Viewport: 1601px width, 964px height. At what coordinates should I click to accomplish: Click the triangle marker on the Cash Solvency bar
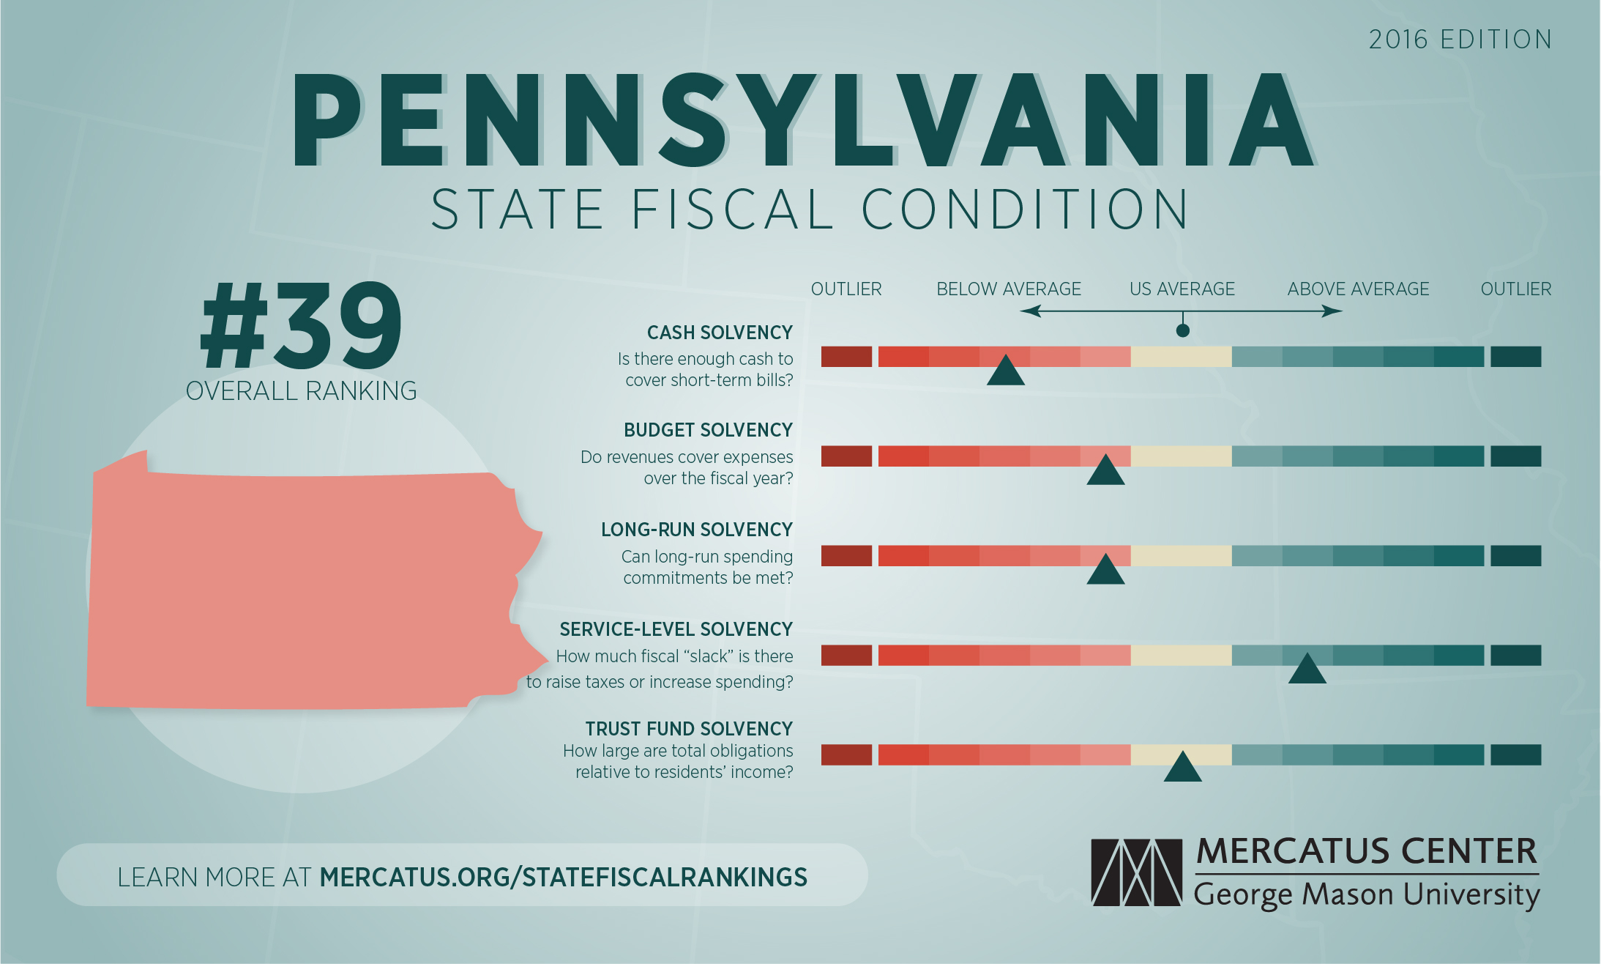point(1005,372)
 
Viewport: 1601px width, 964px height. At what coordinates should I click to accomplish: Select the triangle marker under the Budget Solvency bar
point(1105,472)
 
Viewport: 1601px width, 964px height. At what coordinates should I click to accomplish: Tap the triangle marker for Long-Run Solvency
point(1105,571)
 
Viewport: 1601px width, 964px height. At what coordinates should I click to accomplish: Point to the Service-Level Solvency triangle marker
point(1307,670)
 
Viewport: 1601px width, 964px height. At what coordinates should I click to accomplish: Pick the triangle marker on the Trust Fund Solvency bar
point(1182,769)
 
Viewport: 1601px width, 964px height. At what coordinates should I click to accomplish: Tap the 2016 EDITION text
point(1460,40)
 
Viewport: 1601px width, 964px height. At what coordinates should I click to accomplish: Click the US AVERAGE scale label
point(1182,289)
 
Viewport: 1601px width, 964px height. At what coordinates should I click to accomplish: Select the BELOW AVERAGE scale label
point(1008,289)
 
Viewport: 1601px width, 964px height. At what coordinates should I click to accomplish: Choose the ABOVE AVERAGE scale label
point(1358,289)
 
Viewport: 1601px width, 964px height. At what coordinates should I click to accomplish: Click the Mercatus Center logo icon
point(1136,872)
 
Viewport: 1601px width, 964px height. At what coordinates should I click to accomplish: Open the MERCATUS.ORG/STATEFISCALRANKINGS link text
point(563,877)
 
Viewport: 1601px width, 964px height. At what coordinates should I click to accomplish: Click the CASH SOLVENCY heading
point(719,333)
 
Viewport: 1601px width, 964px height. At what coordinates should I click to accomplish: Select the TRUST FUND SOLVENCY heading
point(688,729)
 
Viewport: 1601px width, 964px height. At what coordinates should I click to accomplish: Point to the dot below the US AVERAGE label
point(1182,330)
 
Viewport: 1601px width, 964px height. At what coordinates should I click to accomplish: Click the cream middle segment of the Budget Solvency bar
point(1181,456)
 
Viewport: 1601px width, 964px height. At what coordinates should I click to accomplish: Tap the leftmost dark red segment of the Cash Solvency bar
point(846,357)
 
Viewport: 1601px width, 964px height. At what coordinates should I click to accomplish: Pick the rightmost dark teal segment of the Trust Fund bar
point(1515,754)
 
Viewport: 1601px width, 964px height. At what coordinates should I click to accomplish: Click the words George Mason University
point(1366,895)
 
